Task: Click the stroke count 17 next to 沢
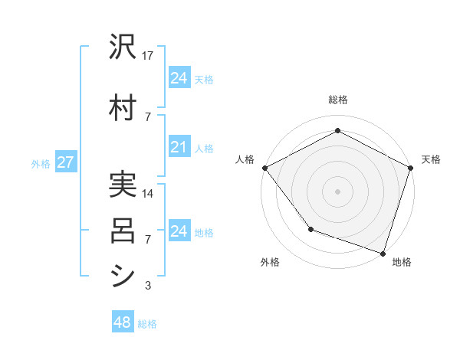(148, 55)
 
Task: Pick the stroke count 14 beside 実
(148, 194)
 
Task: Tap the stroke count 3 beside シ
(148, 286)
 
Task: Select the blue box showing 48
(123, 322)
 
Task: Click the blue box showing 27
(65, 162)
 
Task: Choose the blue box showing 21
(179, 148)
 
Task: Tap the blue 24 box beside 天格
(179, 78)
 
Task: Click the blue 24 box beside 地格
(179, 231)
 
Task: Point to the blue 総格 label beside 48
(147, 324)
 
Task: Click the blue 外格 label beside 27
(41, 163)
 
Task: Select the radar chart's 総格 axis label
(337, 100)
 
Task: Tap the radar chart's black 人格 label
(245, 159)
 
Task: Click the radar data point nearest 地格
(382, 252)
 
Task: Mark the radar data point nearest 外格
(310, 228)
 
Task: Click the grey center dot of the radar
(337, 191)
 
